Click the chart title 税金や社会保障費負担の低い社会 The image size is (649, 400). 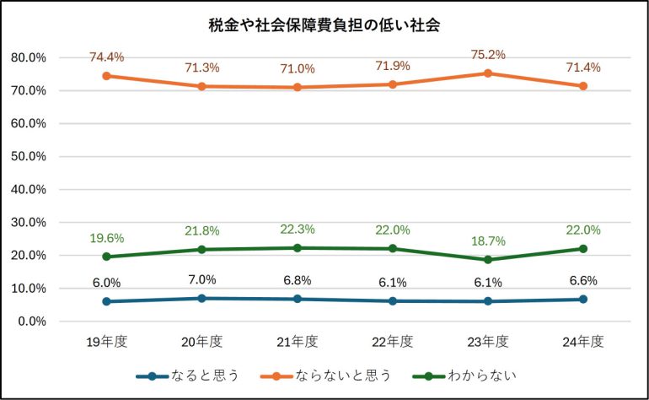point(324,25)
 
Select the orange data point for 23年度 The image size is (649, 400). point(487,73)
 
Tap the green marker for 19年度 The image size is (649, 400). point(107,257)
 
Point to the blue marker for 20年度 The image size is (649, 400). point(202,298)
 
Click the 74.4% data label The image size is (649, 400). point(107,57)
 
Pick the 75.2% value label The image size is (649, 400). point(487,55)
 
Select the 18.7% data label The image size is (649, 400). point(487,241)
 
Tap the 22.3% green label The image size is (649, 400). point(298,229)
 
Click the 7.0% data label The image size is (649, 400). point(202,280)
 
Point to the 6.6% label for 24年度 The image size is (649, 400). point(582,281)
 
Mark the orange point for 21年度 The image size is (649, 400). point(298,87)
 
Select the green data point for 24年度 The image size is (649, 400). point(582,249)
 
